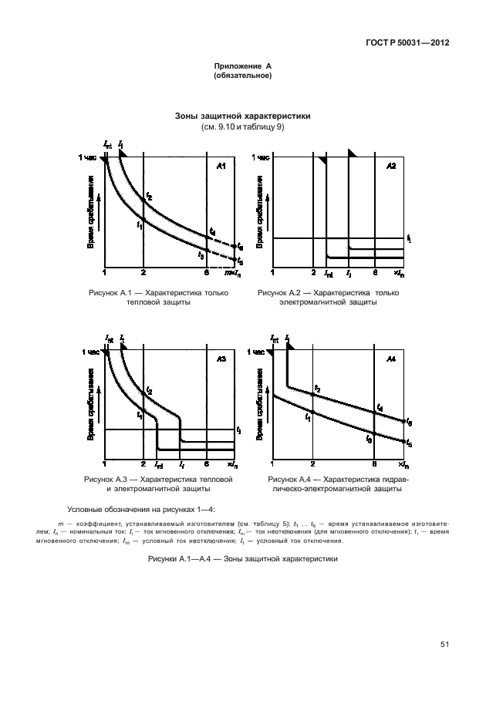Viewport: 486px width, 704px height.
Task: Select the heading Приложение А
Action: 243,68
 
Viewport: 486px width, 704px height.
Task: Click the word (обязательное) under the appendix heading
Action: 243,76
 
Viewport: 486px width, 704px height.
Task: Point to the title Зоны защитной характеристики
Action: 243,117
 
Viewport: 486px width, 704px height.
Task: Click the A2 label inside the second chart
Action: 390,167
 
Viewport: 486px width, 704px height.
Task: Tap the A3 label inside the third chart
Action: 221,359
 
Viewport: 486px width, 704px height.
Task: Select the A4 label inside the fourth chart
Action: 390,359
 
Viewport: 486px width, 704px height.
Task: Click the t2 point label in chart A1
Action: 149,198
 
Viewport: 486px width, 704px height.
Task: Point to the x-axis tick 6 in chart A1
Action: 206,272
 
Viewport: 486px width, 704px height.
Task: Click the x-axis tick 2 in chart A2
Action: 313,272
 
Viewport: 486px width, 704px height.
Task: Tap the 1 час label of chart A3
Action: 90,352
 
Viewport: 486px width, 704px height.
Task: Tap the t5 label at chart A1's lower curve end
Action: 240,262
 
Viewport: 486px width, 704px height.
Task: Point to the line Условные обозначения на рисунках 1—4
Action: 142,508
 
